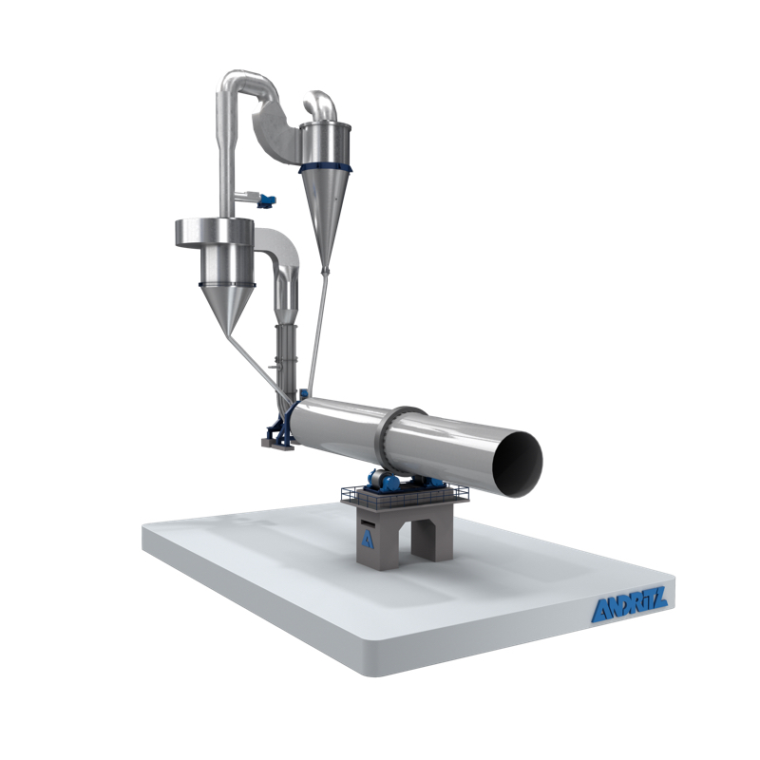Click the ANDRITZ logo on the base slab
tap(630, 609)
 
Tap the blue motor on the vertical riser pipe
tap(267, 199)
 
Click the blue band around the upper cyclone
tap(327, 169)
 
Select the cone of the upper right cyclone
tap(327, 214)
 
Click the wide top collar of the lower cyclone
tap(214, 230)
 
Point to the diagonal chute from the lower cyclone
tap(260, 367)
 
